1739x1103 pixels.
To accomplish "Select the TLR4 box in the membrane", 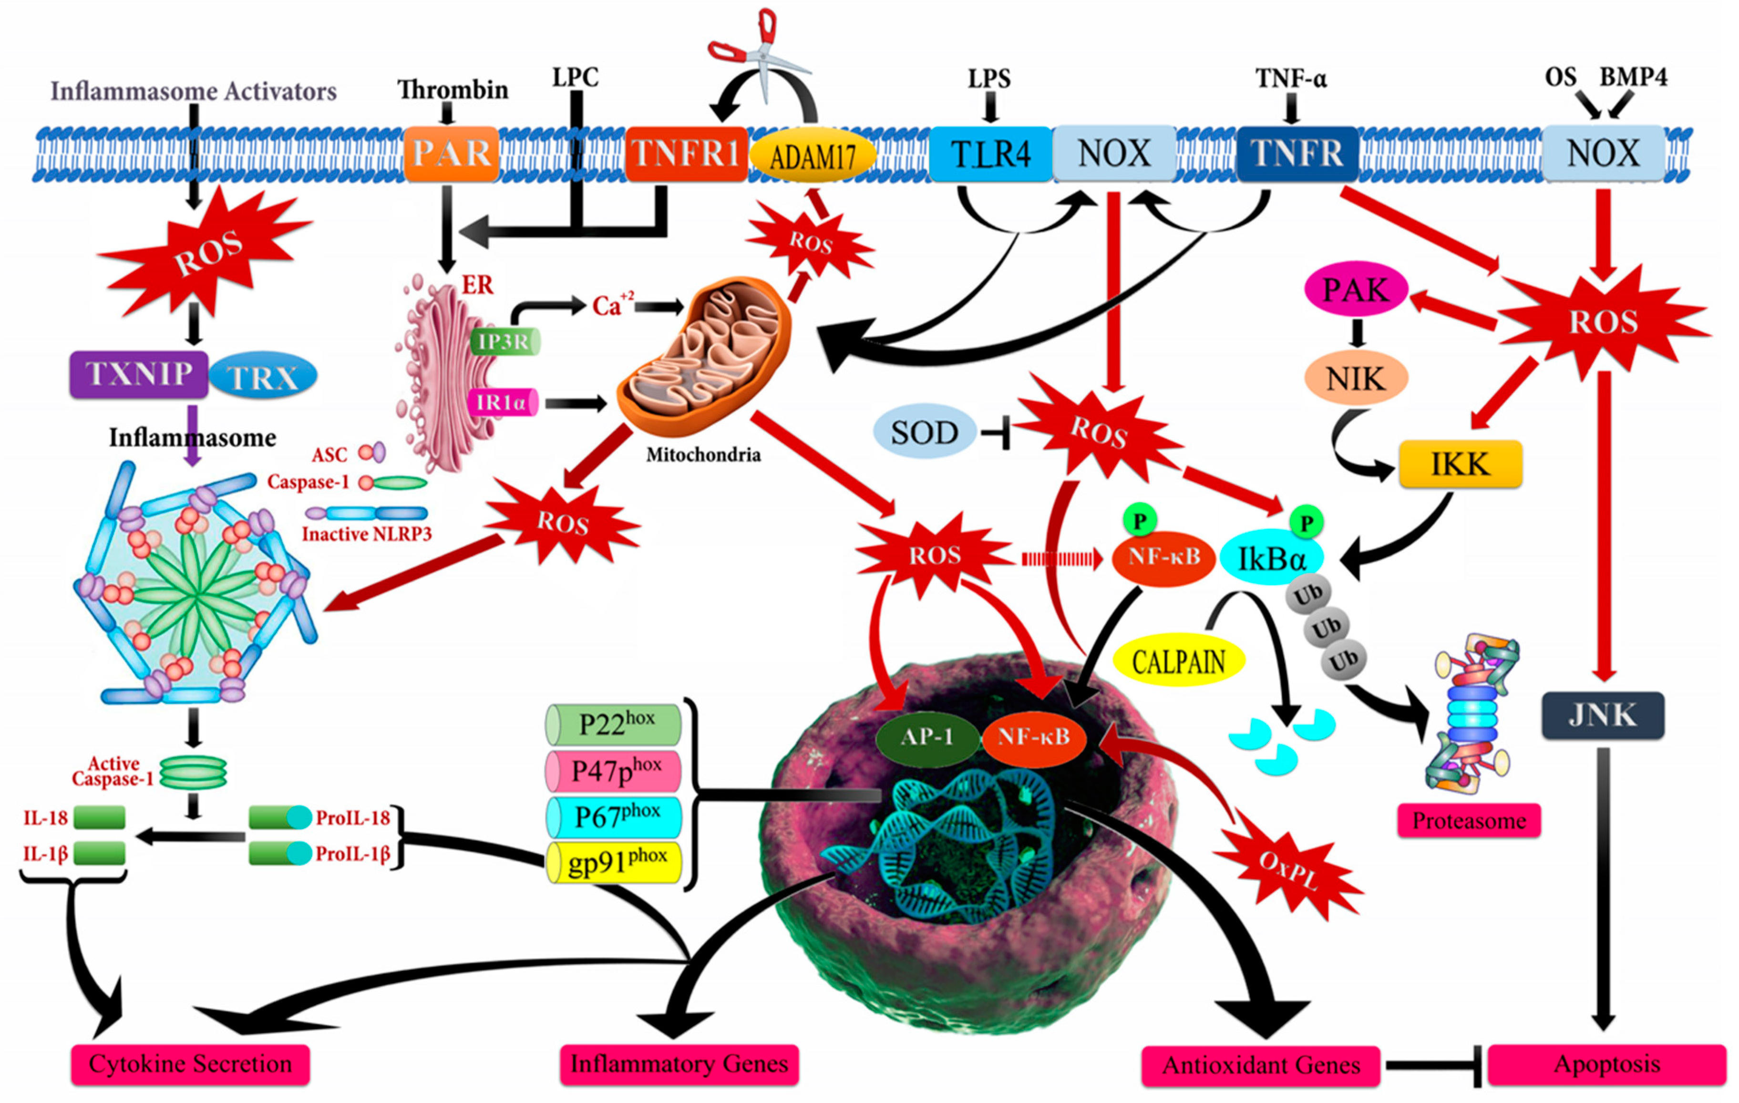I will pos(990,153).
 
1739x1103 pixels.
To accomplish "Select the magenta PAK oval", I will pos(1356,289).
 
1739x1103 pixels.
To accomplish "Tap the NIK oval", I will pos(1356,378).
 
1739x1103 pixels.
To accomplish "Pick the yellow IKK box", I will pos(1460,464).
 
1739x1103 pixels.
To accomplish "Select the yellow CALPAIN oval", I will pos(1179,660).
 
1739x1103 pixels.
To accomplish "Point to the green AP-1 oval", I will pos(926,737).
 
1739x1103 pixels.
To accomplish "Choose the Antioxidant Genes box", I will pos(1260,1065).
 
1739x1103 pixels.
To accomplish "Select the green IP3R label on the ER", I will pos(504,341).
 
